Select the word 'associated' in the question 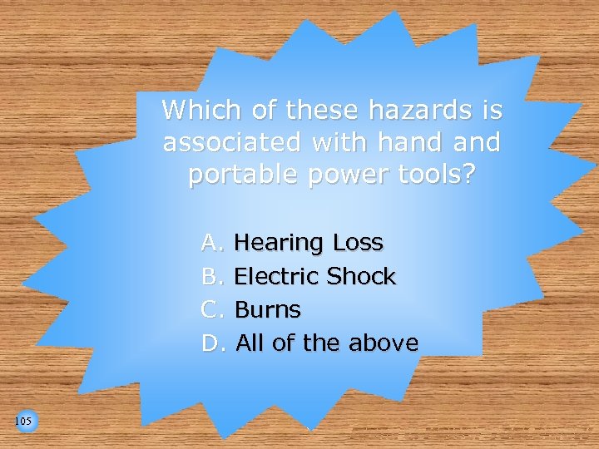point(232,143)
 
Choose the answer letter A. point(212,243)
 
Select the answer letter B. point(212,276)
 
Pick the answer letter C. point(212,309)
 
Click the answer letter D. point(212,343)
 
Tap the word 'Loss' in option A point(358,243)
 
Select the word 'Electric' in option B point(278,276)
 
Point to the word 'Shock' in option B point(362,276)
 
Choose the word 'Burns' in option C point(268,309)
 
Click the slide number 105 point(23,422)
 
